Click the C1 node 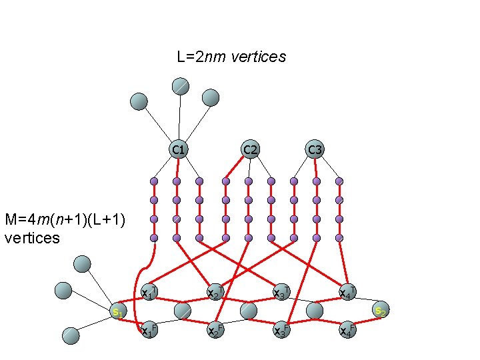(x=178, y=149)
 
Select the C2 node (x=250, y=149)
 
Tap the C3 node (x=315, y=149)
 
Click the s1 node (x=119, y=311)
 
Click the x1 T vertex (x=150, y=292)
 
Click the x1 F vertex (x=150, y=330)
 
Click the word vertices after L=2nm (x=258, y=57)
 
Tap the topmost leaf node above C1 (x=181, y=86)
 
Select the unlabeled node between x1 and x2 (x=182, y=311)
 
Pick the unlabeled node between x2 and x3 (x=249, y=311)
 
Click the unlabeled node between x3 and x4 (x=315, y=311)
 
